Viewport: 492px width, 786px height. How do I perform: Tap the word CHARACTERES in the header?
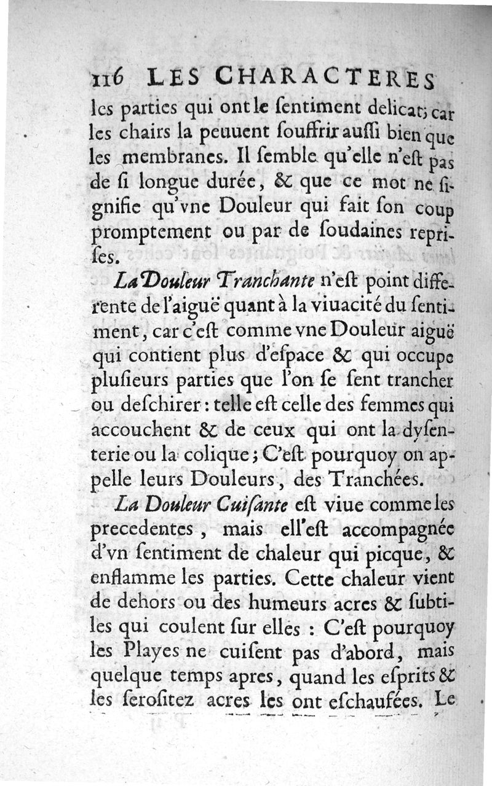tap(327, 78)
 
